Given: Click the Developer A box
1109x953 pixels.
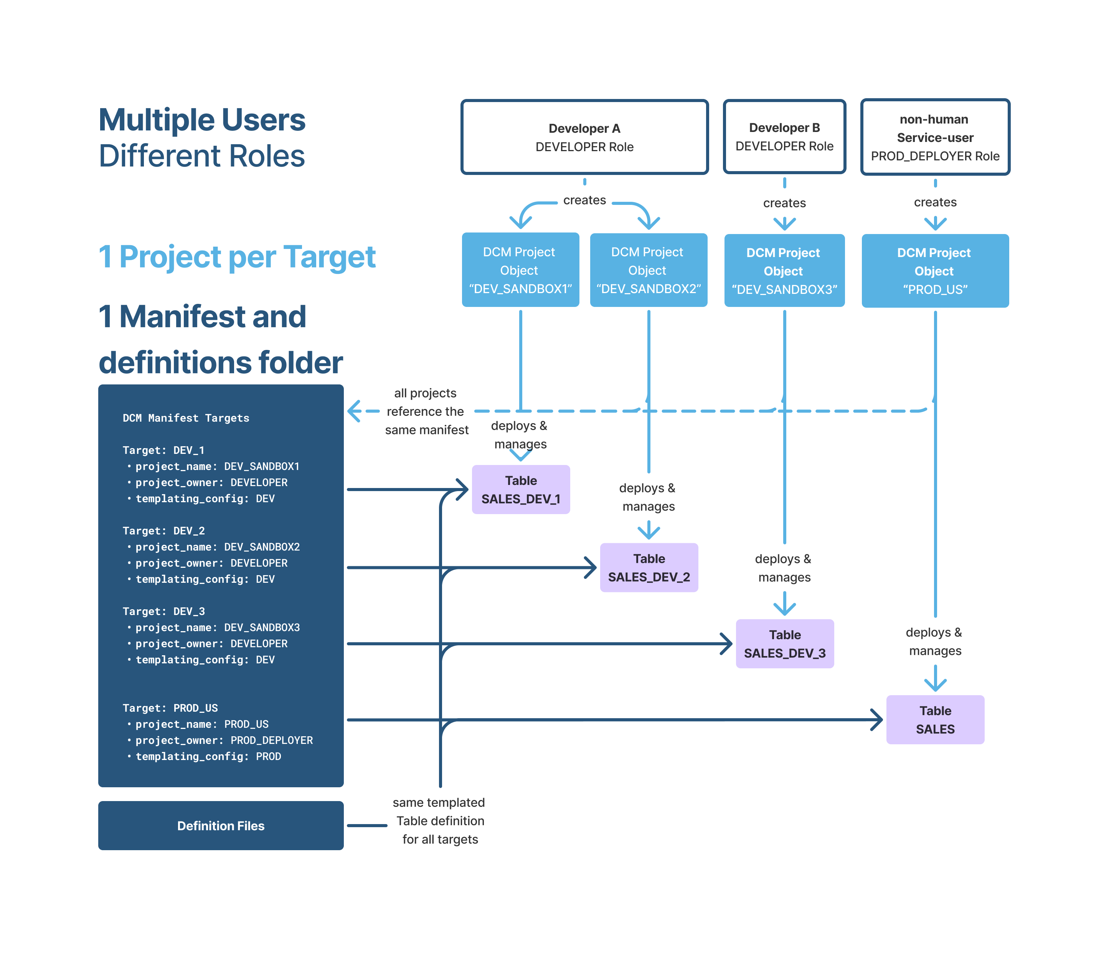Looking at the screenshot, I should [x=584, y=137].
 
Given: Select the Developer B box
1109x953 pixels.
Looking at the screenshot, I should [x=784, y=137].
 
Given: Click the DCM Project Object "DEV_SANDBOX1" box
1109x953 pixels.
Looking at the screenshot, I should [x=520, y=270].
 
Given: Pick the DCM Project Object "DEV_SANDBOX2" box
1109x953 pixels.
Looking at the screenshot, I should [x=648, y=270].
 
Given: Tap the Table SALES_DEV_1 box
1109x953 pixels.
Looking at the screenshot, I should [x=521, y=490].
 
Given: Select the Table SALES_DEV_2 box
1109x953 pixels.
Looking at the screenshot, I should [x=649, y=568].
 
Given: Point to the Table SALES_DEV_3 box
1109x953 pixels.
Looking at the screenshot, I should [x=785, y=644].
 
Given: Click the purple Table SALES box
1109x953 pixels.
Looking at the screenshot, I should [x=935, y=720].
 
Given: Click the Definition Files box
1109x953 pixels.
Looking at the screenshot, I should [x=221, y=826].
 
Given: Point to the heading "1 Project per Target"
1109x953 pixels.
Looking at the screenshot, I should [x=237, y=257].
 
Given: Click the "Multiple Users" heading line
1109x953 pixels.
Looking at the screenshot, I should [x=202, y=120].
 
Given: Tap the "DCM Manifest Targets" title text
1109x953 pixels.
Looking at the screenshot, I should [x=186, y=418].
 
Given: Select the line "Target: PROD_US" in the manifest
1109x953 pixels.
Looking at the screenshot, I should [x=170, y=708].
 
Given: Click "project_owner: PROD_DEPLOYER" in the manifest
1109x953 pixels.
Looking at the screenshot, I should [x=224, y=740].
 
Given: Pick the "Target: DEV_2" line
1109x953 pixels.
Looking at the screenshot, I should [x=164, y=531].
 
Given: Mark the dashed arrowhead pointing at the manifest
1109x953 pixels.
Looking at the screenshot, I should [x=354, y=411].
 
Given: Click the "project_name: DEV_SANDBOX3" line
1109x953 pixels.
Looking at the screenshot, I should [x=217, y=628].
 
